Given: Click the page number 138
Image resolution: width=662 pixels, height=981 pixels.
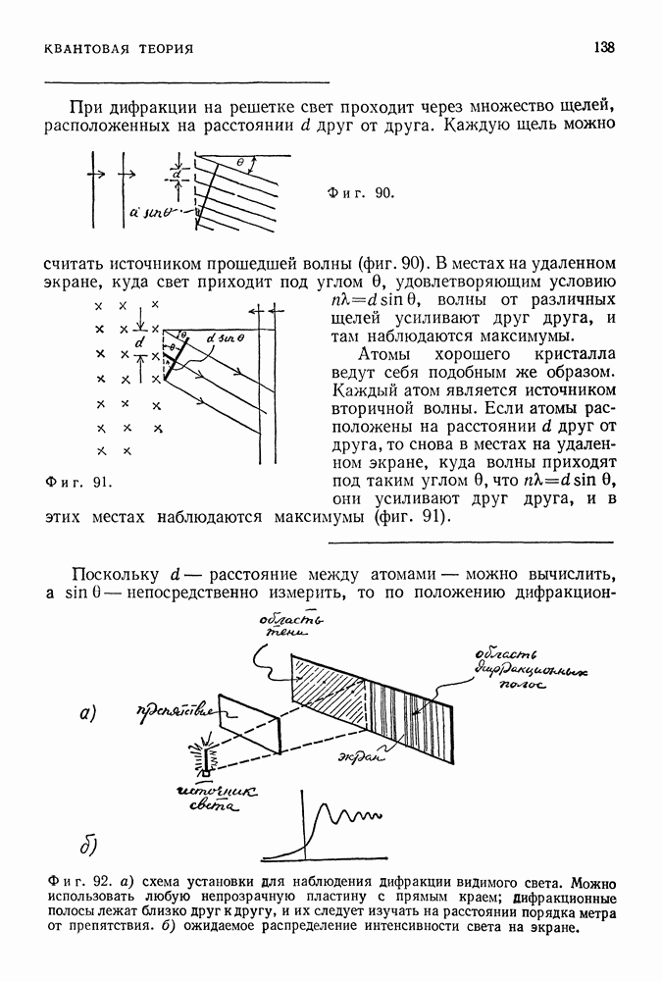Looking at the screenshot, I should pos(604,47).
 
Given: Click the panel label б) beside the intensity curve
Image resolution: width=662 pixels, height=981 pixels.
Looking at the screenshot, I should pos(87,846).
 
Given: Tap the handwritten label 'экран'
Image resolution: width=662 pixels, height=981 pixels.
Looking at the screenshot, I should pos(362,756).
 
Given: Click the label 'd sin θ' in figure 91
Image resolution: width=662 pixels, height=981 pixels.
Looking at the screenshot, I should pos(226,338).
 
